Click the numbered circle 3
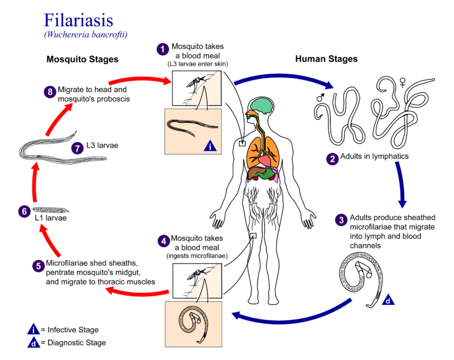pyautogui.click(x=341, y=220)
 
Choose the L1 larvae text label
pyautogui.click(x=52, y=217)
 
